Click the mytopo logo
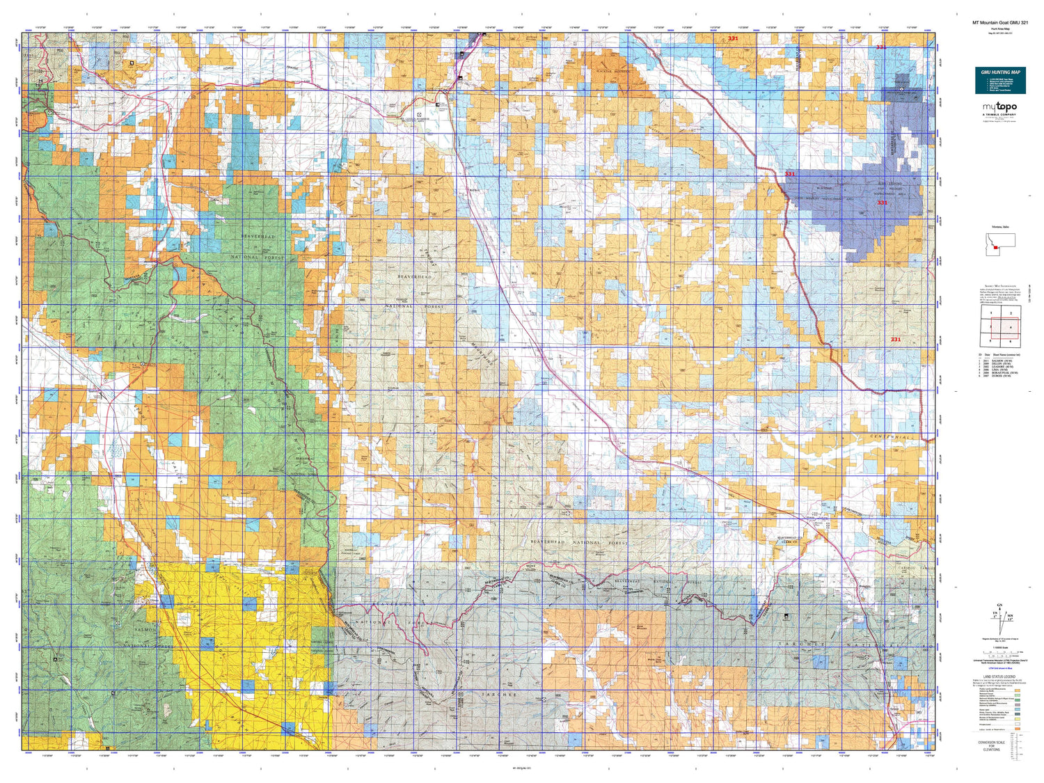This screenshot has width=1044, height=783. coord(999,107)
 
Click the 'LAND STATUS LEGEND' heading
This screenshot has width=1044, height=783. coord(999,677)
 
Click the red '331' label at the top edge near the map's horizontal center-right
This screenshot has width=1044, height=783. coord(732,39)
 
